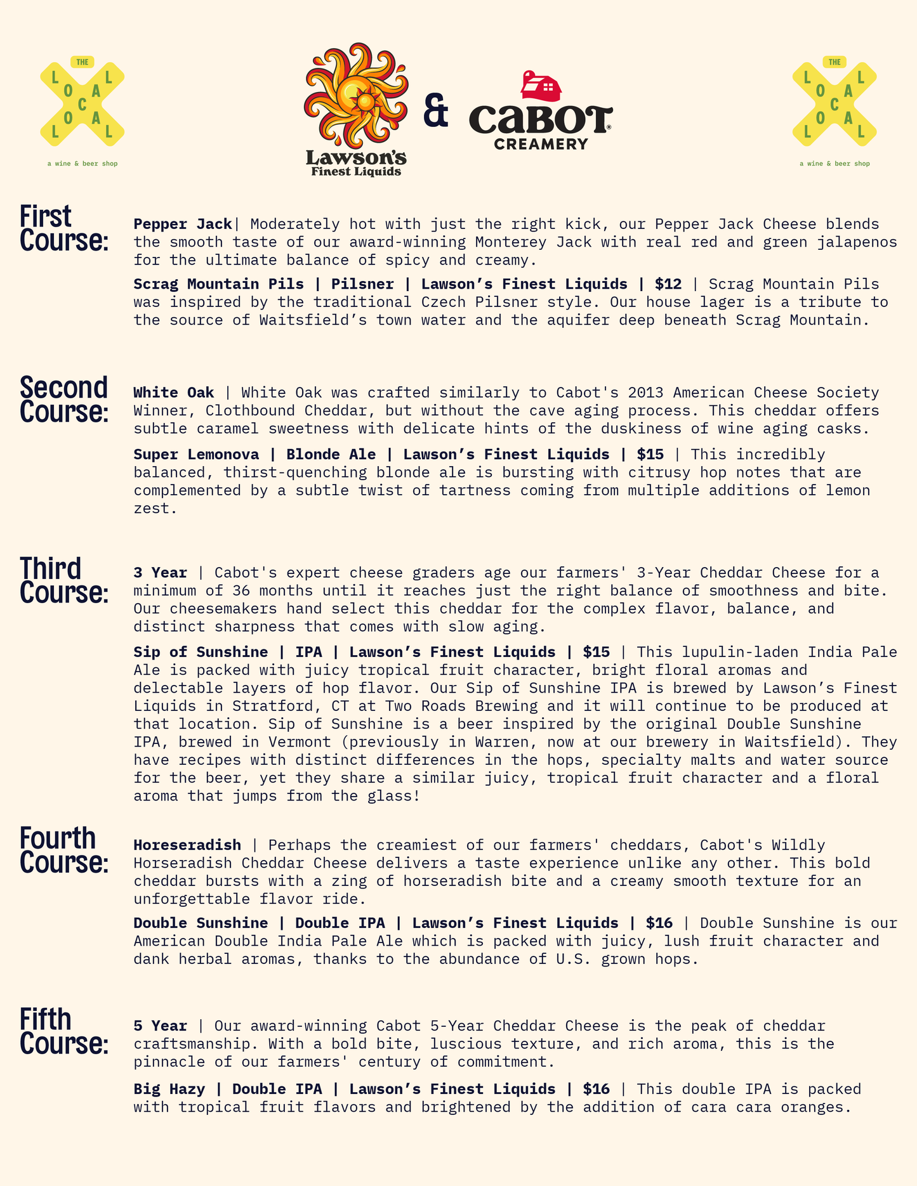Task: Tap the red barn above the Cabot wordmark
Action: (541, 86)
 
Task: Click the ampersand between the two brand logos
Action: (436, 110)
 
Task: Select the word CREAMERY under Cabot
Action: (541, 145)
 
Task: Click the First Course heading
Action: (63, 228)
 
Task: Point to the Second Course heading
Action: (63, 399)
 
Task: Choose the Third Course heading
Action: (63, 580)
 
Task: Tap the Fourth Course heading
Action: (63, 850)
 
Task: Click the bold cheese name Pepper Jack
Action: (183, 224)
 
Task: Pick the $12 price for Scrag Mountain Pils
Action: (668, 284)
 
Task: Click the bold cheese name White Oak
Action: (174, 393)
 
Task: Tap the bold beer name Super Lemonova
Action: (196, 455)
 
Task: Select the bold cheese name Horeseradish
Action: (187, 845)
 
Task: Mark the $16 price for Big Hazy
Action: (596, 1089)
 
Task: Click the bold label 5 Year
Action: (160, 1026)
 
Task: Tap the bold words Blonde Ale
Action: (331, 455)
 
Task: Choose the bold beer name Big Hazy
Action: (169, 1089)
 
